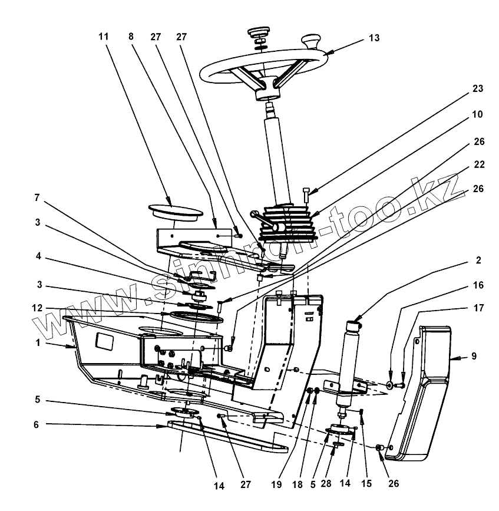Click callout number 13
click(375, 38)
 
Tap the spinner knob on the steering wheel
click(311, 42)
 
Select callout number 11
click(104, 37)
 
